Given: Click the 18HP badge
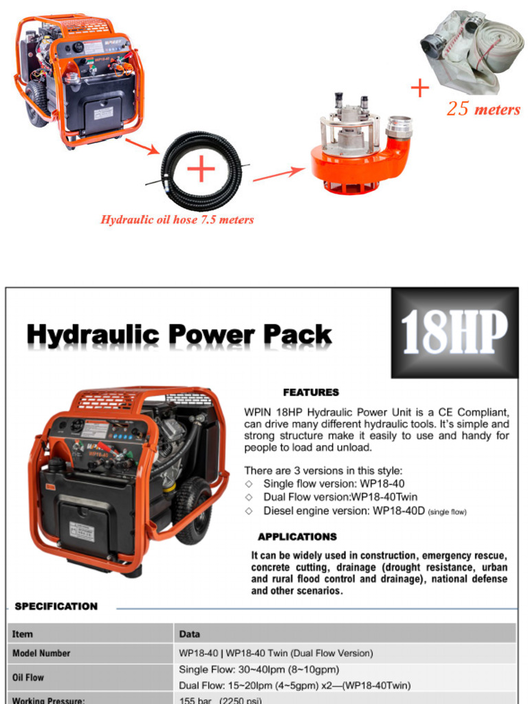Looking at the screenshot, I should [454, 333].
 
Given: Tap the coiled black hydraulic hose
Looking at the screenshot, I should [201, 170].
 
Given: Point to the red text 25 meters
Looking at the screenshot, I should [483, 109].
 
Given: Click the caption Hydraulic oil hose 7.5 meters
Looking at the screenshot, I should [177, 220].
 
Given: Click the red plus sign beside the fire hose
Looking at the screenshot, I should [419, 88].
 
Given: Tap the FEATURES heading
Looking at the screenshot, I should [311, 393].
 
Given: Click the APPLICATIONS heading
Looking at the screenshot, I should [297, 537].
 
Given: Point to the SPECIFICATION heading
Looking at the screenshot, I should [56, 606].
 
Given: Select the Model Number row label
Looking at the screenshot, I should [41, 652].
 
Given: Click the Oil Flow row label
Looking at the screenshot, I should [28, 677].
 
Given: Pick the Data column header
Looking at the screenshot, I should [190, 633].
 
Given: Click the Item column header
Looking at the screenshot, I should [22, 633].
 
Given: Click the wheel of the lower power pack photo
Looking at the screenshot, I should [192, 510].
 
